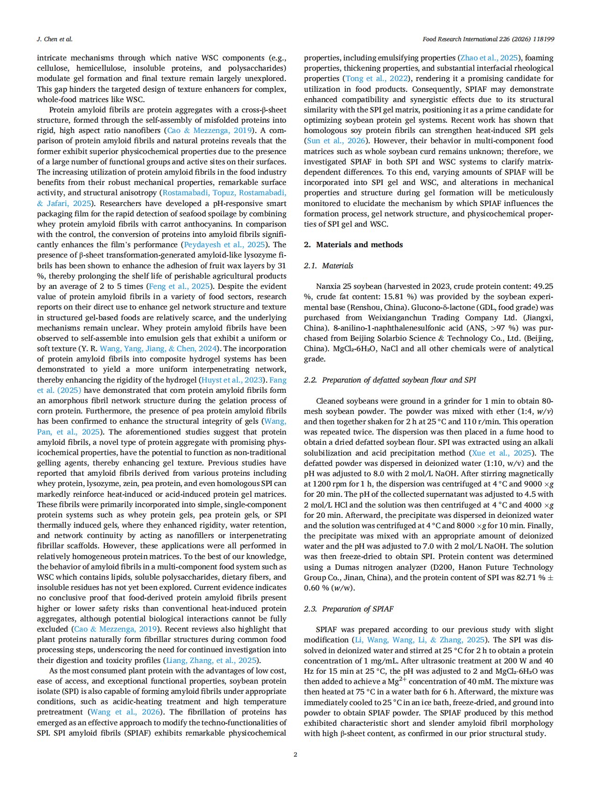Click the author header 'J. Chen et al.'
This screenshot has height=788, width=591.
[54, 39]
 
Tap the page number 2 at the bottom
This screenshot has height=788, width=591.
[295, 754]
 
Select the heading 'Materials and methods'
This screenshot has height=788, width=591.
[359, 244]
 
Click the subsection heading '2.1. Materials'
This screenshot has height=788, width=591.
[328, 265]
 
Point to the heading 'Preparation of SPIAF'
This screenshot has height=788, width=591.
[357, 609]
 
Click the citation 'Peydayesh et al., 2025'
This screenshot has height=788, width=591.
[225, 244]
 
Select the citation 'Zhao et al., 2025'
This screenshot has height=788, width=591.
[489, 58]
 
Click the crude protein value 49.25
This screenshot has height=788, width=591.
[543, 286]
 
